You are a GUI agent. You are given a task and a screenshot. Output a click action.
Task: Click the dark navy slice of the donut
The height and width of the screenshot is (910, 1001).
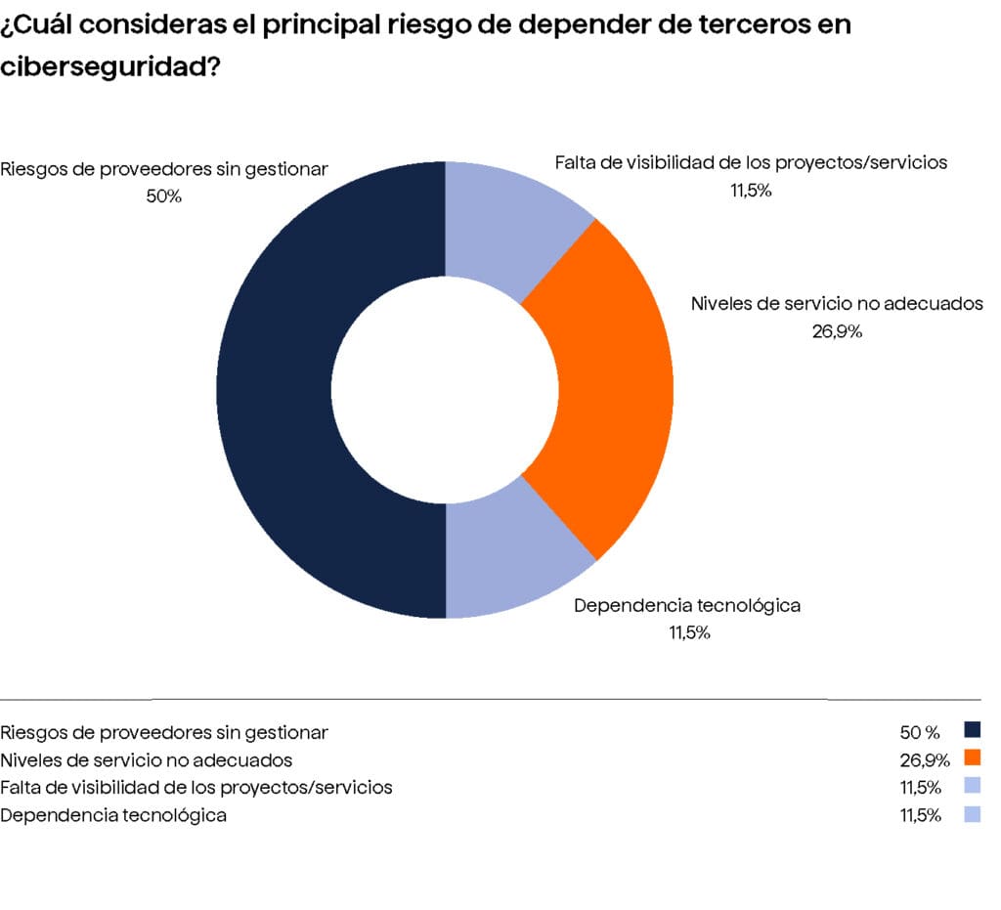click(x=274, y=391)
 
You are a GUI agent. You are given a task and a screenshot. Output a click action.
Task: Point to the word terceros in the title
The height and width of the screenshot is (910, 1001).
click(x=761, y=24)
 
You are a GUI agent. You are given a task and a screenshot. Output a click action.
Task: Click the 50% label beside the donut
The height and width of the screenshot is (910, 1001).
click(x=163, y=196)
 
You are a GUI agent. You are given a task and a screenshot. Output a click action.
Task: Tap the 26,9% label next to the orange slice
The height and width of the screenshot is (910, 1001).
click(x=837, y=331)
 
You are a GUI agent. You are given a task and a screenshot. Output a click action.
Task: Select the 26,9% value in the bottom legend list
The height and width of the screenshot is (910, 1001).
click(x=924, y=759)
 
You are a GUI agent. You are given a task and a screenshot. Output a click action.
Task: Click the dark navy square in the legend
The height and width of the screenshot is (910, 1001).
click(x=972, y=730)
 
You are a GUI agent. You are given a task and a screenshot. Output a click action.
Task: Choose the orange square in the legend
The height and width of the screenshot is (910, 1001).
click(x=972, y=758)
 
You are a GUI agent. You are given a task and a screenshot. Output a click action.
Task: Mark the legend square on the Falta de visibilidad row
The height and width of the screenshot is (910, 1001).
click(x=972, y=786)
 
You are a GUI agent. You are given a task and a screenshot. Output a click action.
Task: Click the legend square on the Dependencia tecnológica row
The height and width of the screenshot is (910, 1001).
click(x=972, y=814)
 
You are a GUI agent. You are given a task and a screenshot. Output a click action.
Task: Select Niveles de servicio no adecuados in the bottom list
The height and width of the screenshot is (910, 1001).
click(x=147, y=759)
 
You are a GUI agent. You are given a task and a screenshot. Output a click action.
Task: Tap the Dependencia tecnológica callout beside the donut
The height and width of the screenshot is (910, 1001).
click(x=687, y=605)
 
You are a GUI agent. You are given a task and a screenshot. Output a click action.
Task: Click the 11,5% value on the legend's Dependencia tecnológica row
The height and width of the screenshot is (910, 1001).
click(x=921, y=815)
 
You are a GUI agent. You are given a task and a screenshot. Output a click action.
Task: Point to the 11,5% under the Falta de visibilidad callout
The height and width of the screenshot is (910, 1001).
click(x=751, y=191)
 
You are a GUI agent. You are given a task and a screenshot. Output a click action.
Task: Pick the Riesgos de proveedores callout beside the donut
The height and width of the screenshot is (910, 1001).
click(x=164, y=168)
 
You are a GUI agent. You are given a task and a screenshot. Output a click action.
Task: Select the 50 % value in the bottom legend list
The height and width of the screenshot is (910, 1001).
click(x=920, y=732)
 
